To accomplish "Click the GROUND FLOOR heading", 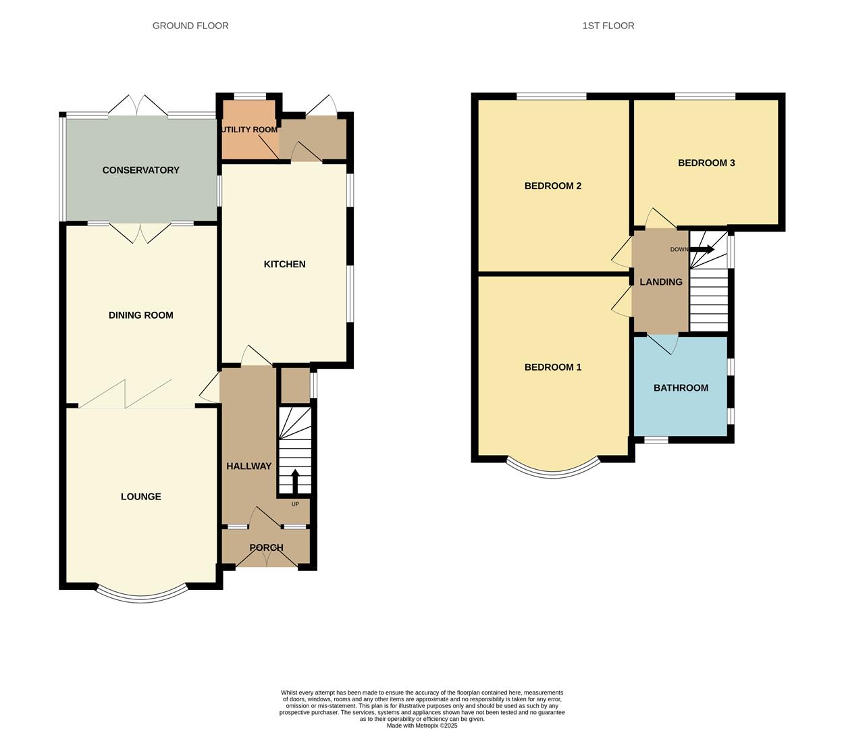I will pos(190,26).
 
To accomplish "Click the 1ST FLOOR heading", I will pos(608,26).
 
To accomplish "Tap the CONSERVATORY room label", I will pos(140,170).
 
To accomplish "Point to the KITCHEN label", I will pos(284,264).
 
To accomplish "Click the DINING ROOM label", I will pos(140,315).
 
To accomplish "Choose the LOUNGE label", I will pos(140,497).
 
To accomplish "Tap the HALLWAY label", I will pos(248,466).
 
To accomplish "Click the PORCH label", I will pos(266,547).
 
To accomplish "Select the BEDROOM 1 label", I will pos(552,367).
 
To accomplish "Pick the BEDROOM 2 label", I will pos(552,186).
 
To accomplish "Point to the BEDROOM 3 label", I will pos(706,163).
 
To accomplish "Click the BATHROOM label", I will pos(681,388).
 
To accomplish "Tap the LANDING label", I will pos(660,282).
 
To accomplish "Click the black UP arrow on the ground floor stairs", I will pos(294,481).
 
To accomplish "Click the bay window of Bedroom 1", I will pos(552,473).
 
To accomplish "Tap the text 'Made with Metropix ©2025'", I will pos(421,726).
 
